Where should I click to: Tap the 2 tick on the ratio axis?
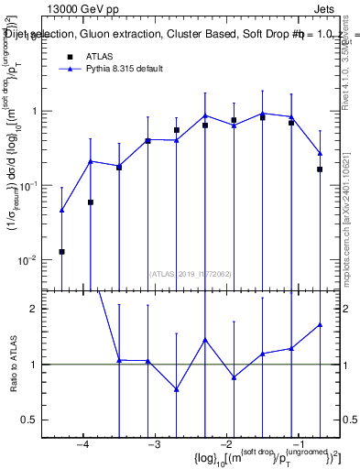click(42, 309)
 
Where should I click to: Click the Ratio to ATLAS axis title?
click(16, 364)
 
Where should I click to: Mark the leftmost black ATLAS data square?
click(61, 251)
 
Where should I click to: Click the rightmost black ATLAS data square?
click(321, 169)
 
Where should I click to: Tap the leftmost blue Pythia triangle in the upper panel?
click(61, 210)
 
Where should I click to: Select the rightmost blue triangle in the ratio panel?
click(321, 324)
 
